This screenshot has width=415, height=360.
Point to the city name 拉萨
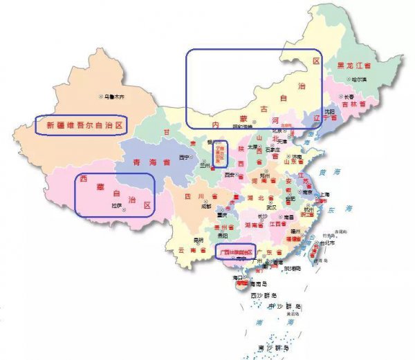pos(117,206)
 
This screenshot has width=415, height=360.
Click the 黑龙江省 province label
pos(353,66)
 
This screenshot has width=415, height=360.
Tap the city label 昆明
pos(199,240)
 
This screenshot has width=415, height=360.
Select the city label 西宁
pos(183,157)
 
